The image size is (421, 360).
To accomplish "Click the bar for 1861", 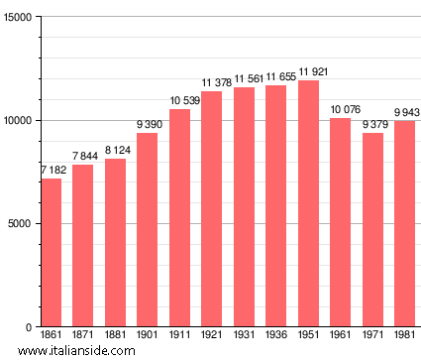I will click(51, 253).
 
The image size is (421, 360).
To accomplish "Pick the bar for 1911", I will click(179, 218).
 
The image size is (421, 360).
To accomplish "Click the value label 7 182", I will click(51, 171).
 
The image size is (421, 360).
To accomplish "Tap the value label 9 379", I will click(372, 124).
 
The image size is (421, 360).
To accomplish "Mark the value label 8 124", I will click(115, 151).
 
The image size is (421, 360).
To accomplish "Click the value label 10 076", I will click(340, 110).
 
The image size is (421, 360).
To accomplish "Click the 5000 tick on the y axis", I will click(21, 224).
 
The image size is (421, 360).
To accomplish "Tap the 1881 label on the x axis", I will click(115, 336).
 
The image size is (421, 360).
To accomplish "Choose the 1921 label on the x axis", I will click(211, 336).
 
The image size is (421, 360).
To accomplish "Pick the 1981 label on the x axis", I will click(404, 336).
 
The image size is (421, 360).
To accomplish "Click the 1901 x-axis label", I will click(147, 336).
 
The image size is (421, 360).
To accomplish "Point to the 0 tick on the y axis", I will click(30, 327).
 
